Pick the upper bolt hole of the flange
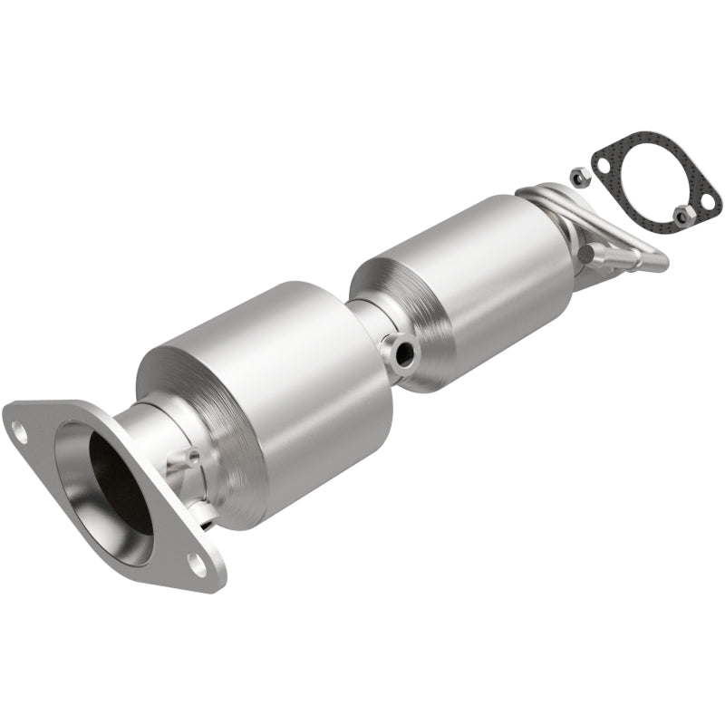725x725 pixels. click(x=18, y=434)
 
